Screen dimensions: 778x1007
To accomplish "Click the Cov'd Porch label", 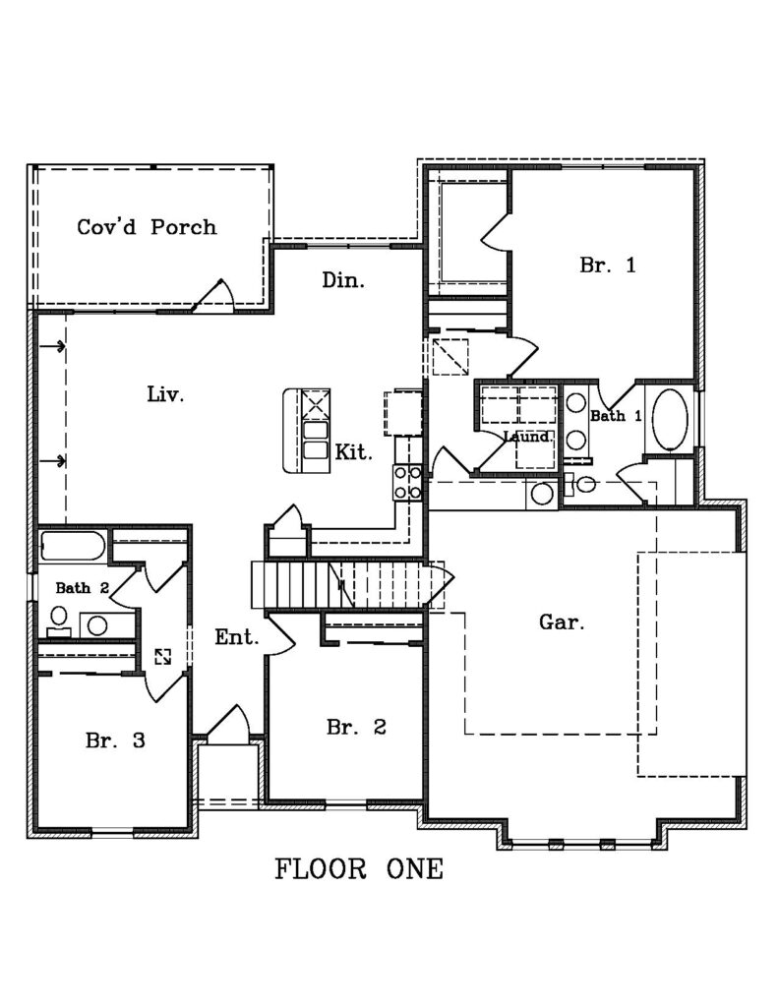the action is click(x=147, y=227).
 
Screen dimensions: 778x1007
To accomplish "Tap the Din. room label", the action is click(x=343, y=280).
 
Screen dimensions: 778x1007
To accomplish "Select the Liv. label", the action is click(x=166, y=393).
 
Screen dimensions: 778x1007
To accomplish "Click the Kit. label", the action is click(x=353, y=452).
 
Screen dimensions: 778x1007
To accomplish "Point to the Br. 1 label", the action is click(x=607, y=265).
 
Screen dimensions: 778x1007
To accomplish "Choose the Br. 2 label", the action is click(x=356, y=727).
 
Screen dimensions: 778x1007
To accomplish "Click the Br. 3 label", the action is click(x=115, y=740).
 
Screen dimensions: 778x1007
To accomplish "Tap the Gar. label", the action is click(x=562, y=622).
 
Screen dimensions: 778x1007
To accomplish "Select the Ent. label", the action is click(x=236, y=637).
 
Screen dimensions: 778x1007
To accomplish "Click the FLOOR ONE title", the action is click(x=359, y=869).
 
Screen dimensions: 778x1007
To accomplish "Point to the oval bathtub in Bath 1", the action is click(x=670, y=419).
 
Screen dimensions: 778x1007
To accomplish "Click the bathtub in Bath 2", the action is click(x=72, y=546).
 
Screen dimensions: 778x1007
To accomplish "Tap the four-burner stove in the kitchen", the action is click(x=407, y=482).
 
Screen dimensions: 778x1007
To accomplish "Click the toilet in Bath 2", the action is click(x=58, y=620).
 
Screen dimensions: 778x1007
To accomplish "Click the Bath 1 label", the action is click(x=616, y=416).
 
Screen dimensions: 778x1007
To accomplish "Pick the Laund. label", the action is click(x=527, y=437).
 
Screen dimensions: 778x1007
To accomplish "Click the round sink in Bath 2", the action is click(x=97, y=624).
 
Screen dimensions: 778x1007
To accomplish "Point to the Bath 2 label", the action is click(x=82, y=588).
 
